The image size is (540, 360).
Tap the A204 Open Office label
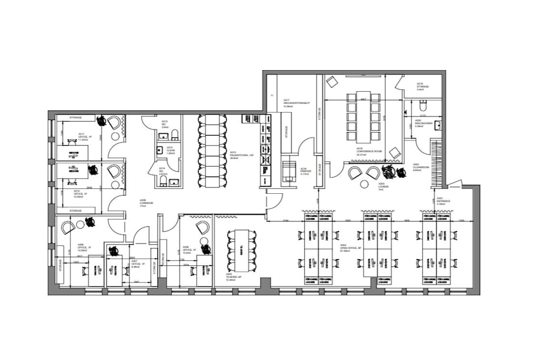pyautogui.click(x=347, y=247)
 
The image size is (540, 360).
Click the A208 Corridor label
pyautogui.click(x=146, y=202)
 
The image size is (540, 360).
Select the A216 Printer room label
pyautogui.click(x=304, y=170)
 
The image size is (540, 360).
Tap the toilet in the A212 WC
pyautogui.click(x=175, y=135)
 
